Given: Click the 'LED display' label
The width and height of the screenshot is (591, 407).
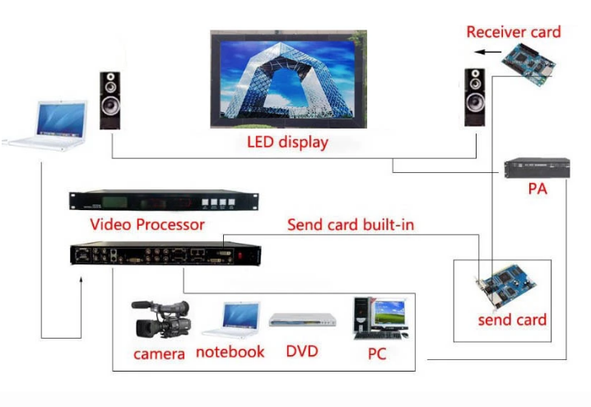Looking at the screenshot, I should pyautogui.click(x=287, y=143).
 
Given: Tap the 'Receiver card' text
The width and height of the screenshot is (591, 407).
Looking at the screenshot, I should pyautogui.click(x=513, y=32).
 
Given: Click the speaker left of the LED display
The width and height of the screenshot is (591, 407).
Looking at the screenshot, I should pyautogui.click(x=111, y=100).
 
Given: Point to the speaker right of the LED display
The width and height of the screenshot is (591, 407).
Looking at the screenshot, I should pyautogui.click(x=474, y=96).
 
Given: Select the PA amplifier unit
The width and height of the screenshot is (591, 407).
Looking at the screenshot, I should pyautogui.click(x=537, y=167).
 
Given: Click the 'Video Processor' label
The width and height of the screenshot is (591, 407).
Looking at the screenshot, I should pyautogui.click(x=147, y=223).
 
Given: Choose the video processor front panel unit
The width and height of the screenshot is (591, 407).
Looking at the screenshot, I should pyautogui.click(x=164, y=201).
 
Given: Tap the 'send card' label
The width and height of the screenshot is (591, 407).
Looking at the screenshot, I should pyautogui.click(x=512, y=320).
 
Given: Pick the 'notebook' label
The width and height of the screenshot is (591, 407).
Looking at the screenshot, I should pyautogui.click(x=230, y=352).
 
